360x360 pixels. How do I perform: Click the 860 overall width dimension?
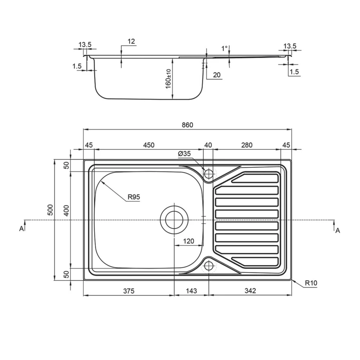pyautogui.click(x=187, y=125)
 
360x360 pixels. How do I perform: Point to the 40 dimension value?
pyautogui.click(x=208, y=145)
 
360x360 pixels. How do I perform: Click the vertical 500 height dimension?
pyautogui.click(x=50, y=210)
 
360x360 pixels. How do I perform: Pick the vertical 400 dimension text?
pyautogui.click(x=66, y=210)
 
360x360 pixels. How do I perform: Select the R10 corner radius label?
pyautogui.click(x=311, y=283)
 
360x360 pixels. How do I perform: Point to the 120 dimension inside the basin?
pyautogui.click(x=189, y=241)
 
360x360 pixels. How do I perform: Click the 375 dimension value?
pyautogui.click(x=128, y=291)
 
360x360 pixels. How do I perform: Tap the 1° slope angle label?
pyautogui.click(x=224, y=48)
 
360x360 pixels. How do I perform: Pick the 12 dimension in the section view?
pyautogui.click(x=131, y=42)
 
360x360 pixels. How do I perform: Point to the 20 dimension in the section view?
pyautogui.click(x=217, y=75)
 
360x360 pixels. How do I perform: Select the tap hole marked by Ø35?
pyautogui.click(x=208, y=174)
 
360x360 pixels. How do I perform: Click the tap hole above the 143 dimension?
pyautogui.click(x=208, y=266)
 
